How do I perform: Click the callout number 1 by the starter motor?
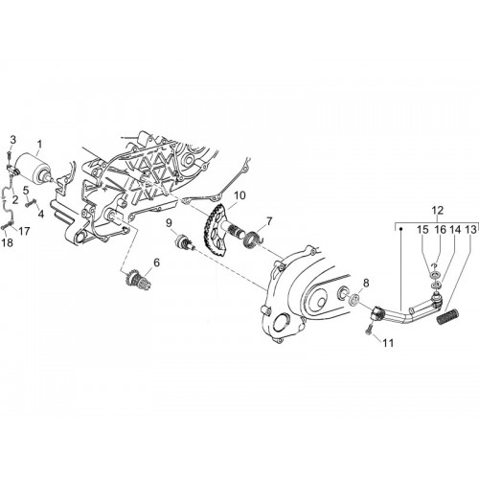click(x=39, y=145)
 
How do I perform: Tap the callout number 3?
click(x=12, y=140)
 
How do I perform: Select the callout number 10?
click(x=240, y=195)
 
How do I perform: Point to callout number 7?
click(x=269, y=221)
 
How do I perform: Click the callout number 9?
click(x=169, y=222)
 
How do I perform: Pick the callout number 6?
click(x=156, y=262)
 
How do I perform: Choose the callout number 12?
click(x=438, y=211)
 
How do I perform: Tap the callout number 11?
click(x=388, y=343)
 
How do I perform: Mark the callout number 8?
click(x=366, y=283)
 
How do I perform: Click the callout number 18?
click(x=8, y=242)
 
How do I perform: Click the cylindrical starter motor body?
click(x=33, y=168)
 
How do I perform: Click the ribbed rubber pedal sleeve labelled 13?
click(x=447, y=316)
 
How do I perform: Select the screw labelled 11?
click(x=370, y=330)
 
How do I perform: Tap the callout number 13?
click(x=471, y=229)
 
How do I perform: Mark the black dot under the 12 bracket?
click(x=401, y=229)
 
